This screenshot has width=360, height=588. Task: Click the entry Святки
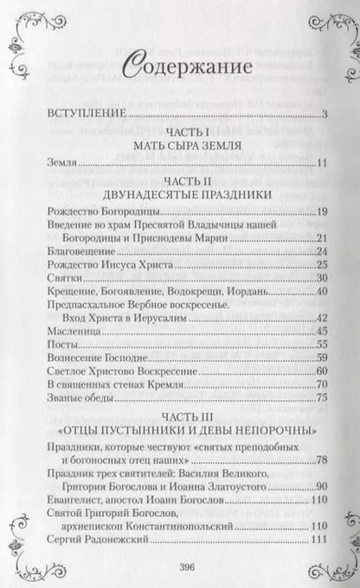pyautogui.click(x=57, y=302)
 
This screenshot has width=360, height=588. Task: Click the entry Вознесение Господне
pyautogui.click(x=88, y=384)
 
